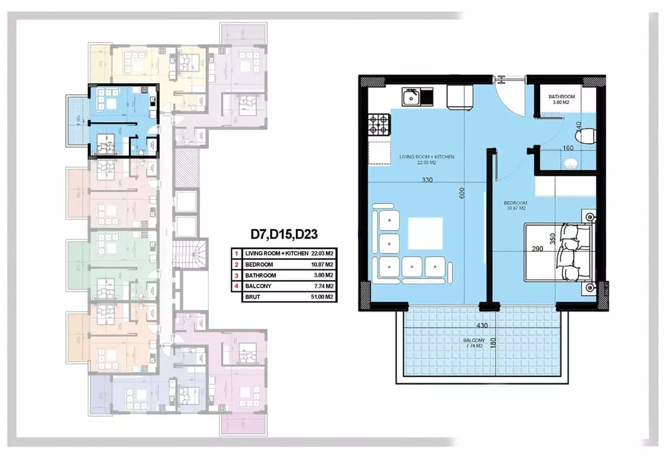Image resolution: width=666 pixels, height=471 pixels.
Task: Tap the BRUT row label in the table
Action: click(253, 297)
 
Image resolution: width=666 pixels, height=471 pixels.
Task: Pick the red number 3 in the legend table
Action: click(236, 275)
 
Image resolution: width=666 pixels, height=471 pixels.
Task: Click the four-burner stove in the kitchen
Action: click(380, 125)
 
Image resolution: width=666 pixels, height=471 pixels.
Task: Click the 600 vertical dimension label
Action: click(462, 194)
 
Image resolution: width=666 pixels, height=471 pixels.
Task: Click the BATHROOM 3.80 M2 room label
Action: click(562, 99)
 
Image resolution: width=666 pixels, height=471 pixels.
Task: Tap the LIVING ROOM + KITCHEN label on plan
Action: click(426, 160)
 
